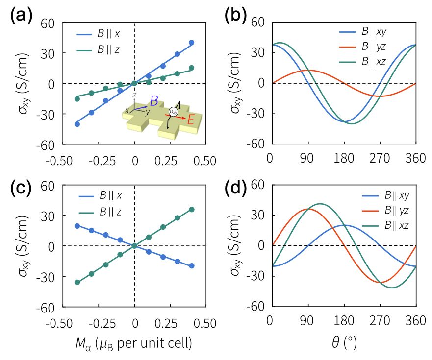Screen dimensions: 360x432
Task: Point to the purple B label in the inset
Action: [x=154, y=101]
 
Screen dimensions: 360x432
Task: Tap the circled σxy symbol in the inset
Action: [x=172, y=112]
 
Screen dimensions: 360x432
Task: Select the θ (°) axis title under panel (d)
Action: [x=343, y=344]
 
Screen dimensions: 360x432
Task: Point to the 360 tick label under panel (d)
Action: [x=416, y=321]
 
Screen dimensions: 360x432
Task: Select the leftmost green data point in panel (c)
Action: [x=77, y=282]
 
